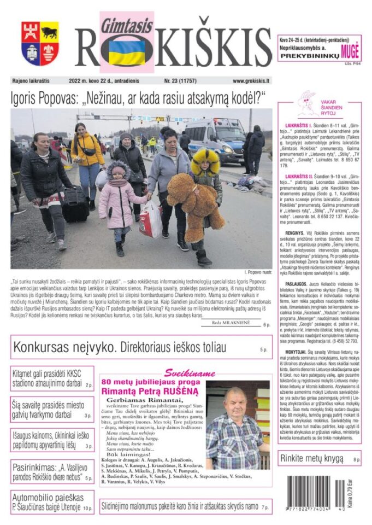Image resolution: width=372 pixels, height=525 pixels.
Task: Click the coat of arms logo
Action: pos(40,43)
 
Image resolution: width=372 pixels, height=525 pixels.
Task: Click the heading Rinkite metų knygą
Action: pos(311,458)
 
